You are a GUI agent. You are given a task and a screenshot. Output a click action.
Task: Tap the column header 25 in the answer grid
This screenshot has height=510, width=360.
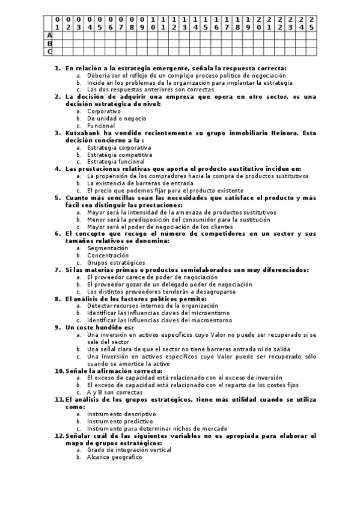[x=311, y=23]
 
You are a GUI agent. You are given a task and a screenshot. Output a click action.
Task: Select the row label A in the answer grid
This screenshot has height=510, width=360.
[x=50, y=35]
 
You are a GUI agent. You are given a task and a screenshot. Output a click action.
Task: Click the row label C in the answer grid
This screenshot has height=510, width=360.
[x=50, y=51]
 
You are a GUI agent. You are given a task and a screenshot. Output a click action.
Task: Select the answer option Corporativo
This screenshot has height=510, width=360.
[x=104, y=111]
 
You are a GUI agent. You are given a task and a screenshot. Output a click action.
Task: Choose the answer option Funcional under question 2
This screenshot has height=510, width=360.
[x=101, y=126]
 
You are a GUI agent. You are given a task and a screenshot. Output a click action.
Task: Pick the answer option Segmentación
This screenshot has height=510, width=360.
[x=108, y=248]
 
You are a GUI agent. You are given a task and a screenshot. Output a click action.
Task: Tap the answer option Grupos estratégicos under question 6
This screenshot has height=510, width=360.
[x=116, y=262]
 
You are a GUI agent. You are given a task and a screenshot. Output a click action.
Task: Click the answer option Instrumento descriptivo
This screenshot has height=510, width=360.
[x=121, y=414]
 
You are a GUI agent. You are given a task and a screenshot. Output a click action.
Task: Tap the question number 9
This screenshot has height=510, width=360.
[x=57, y=327]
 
